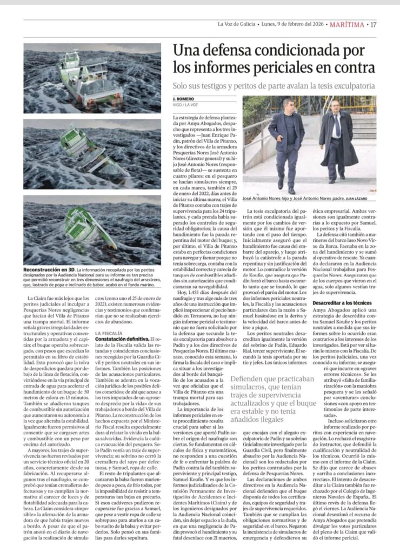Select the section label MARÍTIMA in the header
point(346,24)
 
